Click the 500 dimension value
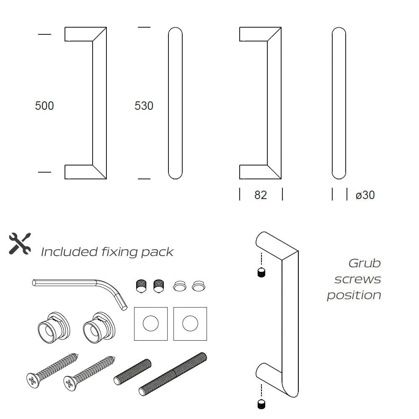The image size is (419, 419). click(44, 106)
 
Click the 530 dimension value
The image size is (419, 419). click(144, 106)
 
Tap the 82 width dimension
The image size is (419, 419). click(261, 195)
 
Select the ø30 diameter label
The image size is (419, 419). click(365, 195)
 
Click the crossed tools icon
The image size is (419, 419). click(20, 243)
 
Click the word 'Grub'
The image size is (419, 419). click(365, 263)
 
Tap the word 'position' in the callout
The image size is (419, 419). click(354, 295)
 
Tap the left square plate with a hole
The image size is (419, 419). click(150, 323)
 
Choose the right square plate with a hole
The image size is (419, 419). click(191, 323)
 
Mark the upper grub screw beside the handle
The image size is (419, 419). click(262, 272)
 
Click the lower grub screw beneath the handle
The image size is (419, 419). click(262, 404)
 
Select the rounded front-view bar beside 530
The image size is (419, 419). click(176, 103)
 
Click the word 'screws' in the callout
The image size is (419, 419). click(357, 279)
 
